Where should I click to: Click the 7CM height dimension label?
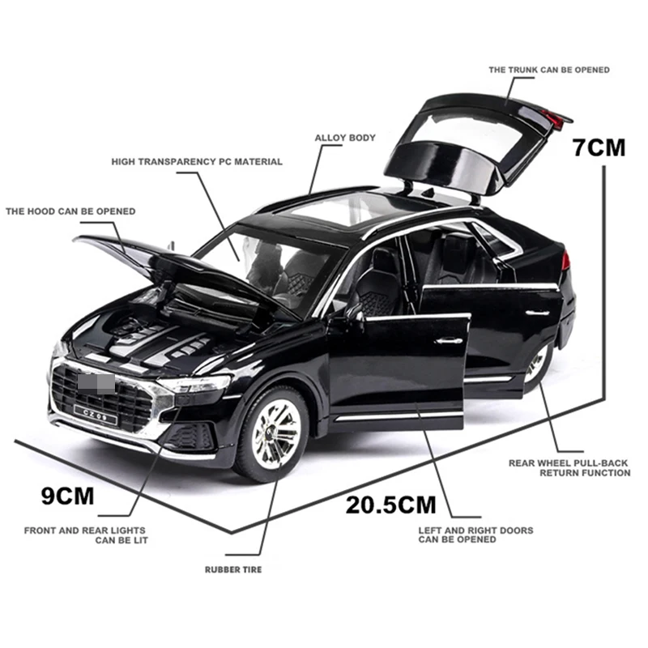click(599, 148)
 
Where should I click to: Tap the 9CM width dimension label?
click(68, 495)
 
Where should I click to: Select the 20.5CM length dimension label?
click(390, 505)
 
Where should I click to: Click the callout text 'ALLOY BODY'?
click(345, 138)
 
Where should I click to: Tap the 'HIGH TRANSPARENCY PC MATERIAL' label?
click(197, 161)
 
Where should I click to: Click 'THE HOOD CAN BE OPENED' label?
click(70, 211)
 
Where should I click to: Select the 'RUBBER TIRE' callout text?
click(233, 569)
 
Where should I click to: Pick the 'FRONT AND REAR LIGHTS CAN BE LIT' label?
click(86, 535)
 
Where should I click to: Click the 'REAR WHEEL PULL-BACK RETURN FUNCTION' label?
click(569, 468)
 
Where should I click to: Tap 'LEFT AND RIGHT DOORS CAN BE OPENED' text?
click(475, 535)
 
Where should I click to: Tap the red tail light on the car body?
click(565, 262)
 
